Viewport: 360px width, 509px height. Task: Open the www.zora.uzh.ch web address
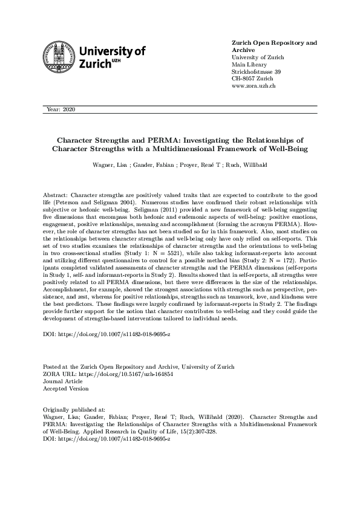(254, 86)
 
